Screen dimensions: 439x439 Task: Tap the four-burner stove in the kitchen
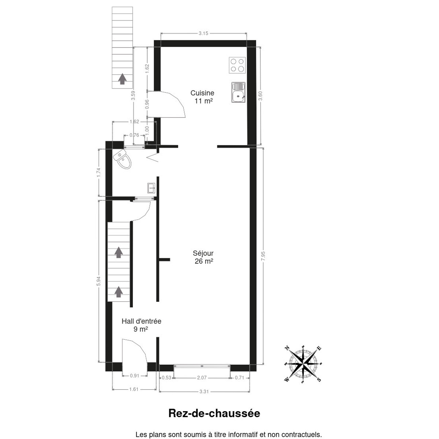pos(237,65)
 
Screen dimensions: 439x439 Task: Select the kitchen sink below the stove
pos(238,92)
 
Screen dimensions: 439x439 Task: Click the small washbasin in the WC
pos(151,188)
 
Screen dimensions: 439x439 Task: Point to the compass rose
pos(303,364)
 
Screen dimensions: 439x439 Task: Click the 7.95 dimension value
pos(263,257)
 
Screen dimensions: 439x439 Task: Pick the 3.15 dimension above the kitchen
pos(203,34)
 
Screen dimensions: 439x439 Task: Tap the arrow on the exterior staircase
pos(122,79)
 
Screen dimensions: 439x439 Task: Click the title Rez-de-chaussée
pos(214,413)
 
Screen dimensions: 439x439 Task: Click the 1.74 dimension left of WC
pos(98,172)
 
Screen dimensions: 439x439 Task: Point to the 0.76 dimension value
pos(134,135)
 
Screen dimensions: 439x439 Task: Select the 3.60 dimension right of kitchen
pos(260,96)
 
